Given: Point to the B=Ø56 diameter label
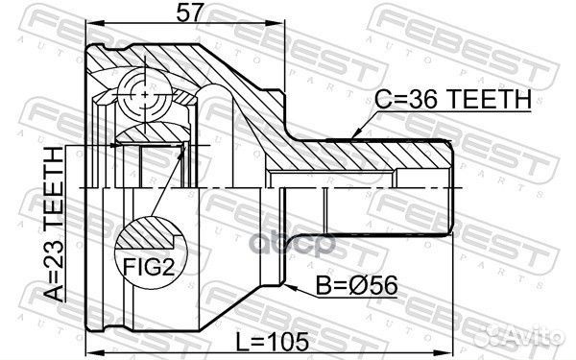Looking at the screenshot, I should click(x=353, y=285).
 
